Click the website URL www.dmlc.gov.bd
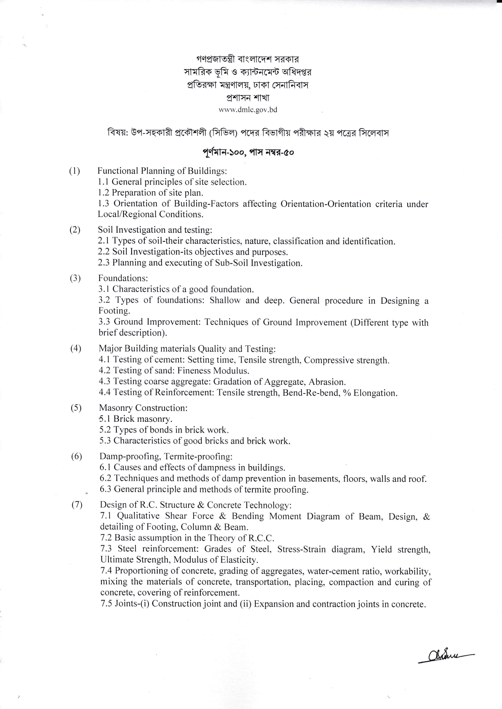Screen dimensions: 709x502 (248, 110)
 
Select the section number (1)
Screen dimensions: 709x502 (74, 171)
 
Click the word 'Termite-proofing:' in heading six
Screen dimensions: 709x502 (198, 456)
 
